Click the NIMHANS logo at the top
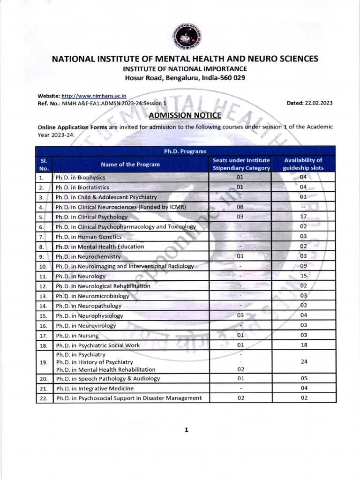coord(184,36)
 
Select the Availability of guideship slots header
coord(303,164)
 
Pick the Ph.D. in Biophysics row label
coord(80,178)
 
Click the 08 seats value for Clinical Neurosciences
coord(240,207)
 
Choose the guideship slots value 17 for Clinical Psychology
coord(303,217)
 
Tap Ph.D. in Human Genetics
coord(89,237)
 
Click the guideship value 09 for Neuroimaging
coord(303,266)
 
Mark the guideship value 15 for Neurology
coord(303,276)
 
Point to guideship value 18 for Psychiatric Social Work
coord(303,345)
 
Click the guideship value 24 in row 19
coord(303,362)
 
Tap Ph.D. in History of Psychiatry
coord(94,362)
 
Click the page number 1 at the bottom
coord(186,430)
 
